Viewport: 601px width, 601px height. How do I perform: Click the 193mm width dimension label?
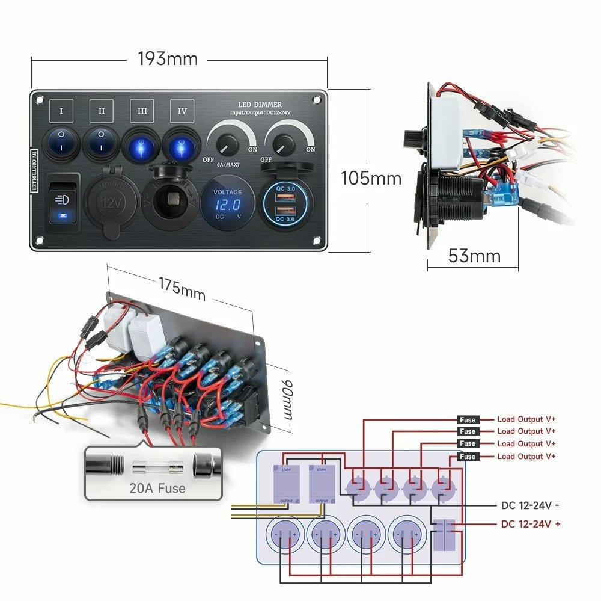168,59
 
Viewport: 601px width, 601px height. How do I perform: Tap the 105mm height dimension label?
371,179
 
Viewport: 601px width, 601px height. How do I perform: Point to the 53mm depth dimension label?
474,256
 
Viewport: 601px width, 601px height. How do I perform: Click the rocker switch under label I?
62,142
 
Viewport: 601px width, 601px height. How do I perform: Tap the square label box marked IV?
182,111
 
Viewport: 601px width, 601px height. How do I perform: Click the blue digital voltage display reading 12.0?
228,205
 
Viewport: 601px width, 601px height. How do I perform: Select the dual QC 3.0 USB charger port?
285,204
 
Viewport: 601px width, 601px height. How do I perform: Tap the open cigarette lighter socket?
170,202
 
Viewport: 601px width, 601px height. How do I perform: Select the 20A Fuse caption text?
157,489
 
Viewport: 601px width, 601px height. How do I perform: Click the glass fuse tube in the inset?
158,466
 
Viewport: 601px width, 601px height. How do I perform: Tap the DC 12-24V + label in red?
531,524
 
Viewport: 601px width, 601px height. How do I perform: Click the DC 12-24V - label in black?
531,506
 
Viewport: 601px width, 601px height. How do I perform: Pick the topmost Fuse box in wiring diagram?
467,419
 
